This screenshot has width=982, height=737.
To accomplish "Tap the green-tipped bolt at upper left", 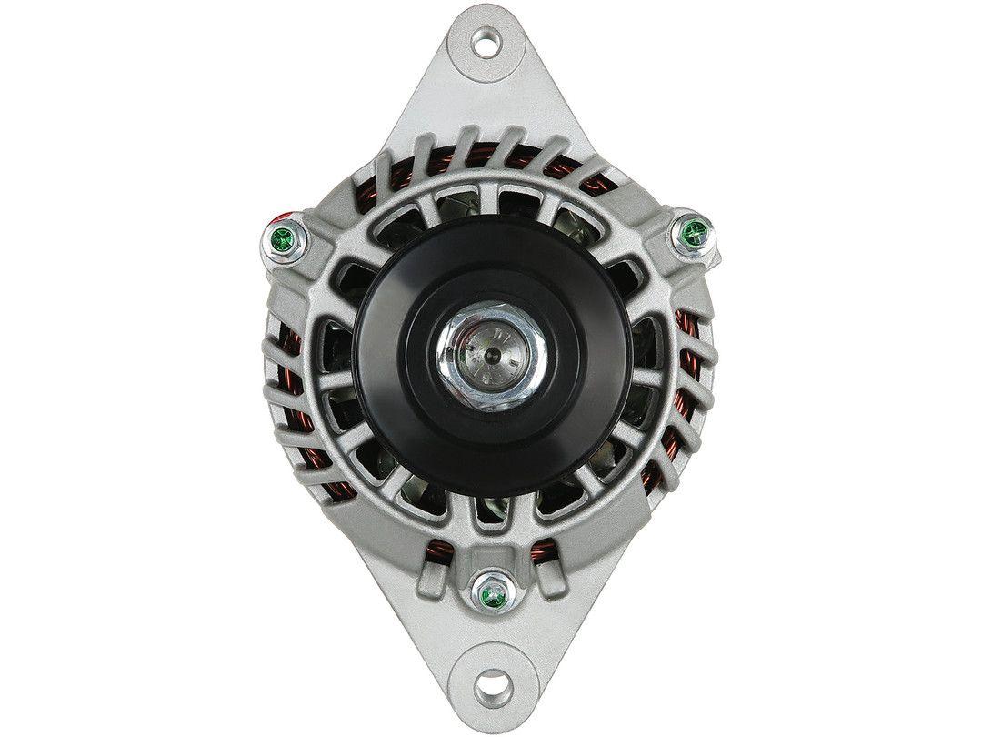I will pyautogui.click(x=283, y=241).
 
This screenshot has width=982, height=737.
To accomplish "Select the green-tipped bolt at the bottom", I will pyautogui.click(x=493, y=591).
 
